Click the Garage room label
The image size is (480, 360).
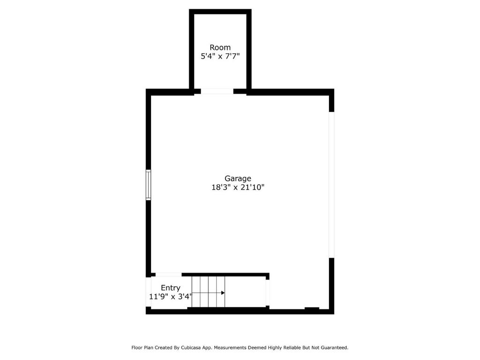point(238,179)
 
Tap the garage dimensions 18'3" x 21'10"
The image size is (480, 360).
point(238,187)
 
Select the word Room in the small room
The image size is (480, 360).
point(220,47)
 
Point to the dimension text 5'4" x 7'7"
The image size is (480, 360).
point(220,56)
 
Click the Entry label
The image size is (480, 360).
point(171,288)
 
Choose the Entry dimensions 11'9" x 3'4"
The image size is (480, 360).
point(171,297)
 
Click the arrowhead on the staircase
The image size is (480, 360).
point(223,293)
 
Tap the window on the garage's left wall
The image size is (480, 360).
point(148,185)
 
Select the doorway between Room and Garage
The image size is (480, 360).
point(217,91)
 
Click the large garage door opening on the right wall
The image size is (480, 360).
point(331,185)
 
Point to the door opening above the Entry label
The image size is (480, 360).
point(169,275)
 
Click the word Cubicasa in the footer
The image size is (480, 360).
point(191,348)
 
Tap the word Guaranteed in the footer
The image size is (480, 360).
point(336,348)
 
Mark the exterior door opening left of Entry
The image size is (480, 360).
point(148,292)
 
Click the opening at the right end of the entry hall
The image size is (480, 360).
point(268,292)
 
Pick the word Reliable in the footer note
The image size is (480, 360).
point(292,348)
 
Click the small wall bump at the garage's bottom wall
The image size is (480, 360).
point(312,308)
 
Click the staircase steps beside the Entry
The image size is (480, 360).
point(209,292)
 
